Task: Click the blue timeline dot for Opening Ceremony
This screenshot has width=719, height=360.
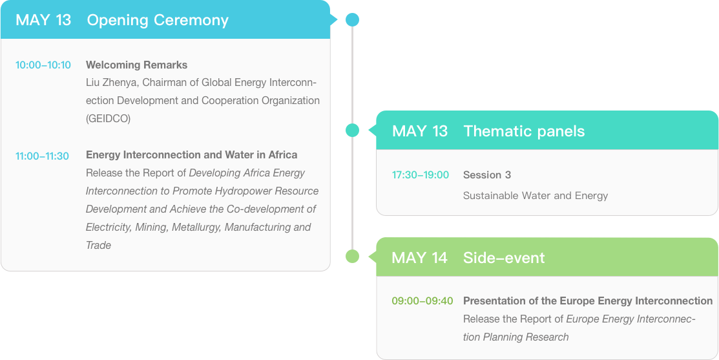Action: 352,20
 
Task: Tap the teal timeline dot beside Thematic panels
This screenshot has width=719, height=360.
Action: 352,131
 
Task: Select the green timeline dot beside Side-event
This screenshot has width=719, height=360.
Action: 352,257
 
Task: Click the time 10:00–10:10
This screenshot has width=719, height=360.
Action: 43,65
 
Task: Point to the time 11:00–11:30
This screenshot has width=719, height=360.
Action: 42,156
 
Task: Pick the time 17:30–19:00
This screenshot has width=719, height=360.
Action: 421,175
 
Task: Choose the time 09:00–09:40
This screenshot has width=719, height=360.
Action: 422,301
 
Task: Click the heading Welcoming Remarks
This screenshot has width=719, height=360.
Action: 137,65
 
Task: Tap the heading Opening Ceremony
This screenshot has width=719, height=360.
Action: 158,20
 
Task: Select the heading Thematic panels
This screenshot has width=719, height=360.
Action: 524,131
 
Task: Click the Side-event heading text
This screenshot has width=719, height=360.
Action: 504,258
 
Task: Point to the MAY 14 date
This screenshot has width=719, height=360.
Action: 419,258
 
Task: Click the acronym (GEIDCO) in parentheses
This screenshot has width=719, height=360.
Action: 109,119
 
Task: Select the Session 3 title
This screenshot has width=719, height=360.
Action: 487,175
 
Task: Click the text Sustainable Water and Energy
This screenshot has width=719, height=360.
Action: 536,196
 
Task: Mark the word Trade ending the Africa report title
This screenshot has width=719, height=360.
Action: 99,246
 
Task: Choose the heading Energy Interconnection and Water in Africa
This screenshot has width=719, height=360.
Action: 192,155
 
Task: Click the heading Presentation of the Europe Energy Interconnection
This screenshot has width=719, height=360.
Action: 588,301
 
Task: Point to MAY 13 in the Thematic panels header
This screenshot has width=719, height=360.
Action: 420,131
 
